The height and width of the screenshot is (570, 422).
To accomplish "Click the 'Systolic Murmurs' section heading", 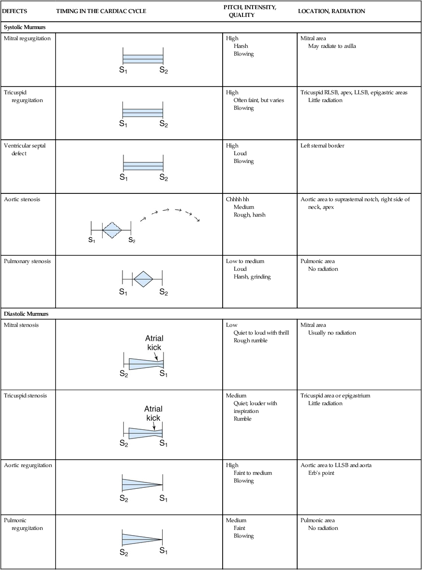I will (x=28, y=27).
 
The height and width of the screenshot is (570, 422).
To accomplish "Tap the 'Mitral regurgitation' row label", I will (x=27, y=38).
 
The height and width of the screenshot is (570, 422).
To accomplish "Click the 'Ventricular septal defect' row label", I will (x=25, y=149).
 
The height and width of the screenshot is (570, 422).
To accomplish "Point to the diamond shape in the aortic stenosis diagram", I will (x=113, y=230).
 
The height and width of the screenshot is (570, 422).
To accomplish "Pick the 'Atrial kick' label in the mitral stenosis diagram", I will (x=154, y=343).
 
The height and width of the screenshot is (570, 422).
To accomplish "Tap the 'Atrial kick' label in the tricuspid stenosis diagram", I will (x=153, y=413).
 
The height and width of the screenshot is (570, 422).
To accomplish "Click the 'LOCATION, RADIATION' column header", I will (x=331, y=11).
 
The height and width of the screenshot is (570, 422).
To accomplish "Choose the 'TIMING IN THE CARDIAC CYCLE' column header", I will (x=101, y=11).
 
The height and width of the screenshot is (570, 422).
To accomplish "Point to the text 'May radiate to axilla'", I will (x=332, y=46).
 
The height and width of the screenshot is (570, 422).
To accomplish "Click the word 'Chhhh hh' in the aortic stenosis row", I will (x=238, y=199).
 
